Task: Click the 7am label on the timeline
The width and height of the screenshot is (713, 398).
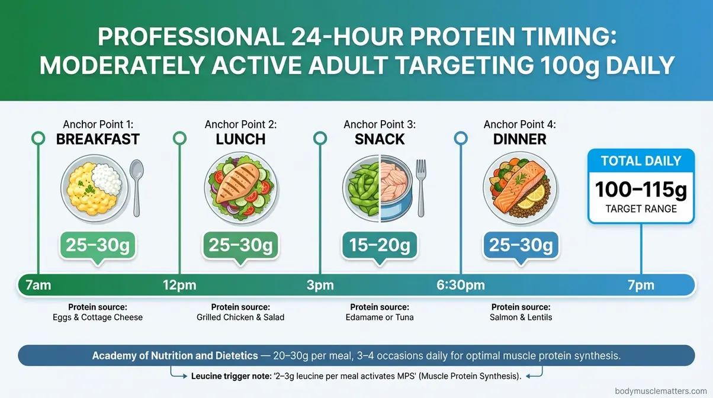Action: (x=38, y=285)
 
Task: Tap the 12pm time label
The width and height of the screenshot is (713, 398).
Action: (x=179, y=285)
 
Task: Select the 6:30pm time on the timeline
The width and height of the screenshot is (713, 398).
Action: (x=461, y=285)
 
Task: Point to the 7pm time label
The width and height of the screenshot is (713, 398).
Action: (x=641, y=285)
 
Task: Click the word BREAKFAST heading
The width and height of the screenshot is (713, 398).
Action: (x=98, y=140)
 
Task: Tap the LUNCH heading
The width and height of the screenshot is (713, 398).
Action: (x=240, y=140)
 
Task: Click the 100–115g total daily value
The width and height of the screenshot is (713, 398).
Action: (x=641, y=190)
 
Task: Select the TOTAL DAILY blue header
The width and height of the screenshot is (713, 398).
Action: (x=641, y=161)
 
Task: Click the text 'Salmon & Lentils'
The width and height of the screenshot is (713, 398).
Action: (x=521, y=317)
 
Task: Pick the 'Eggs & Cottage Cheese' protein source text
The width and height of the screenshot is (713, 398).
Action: (x=98, y=317)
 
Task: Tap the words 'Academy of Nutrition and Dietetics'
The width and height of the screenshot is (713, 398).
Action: (x=175, y=356)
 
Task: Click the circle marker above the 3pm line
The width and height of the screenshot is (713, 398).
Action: (x=320, y=139)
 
